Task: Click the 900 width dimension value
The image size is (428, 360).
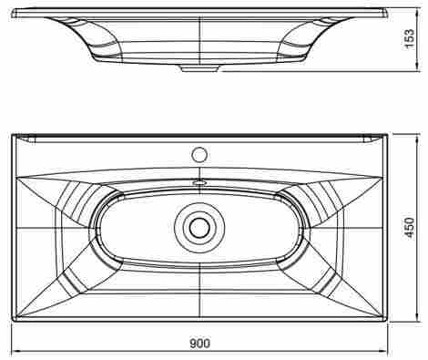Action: pyautogui.click(x=199, y=344)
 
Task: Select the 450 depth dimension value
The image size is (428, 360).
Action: pyautogui.click(x=410, y=228)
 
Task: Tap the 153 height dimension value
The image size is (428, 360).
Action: pyautogui.click(x=409, y=38)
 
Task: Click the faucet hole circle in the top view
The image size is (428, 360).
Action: pyautogui.click(x=199, y=154)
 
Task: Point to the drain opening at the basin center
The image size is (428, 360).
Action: pyautogui.click(x=199, y=228)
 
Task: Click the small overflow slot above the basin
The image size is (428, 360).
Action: pyautogui.click(x=199, y=183)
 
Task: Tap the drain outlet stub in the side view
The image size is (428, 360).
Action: pyautogui.click(x=199, y=69)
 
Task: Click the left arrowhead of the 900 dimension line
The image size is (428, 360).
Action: pyautogui.click(x=16, y=352)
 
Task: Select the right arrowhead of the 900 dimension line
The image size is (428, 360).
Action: pyautogui.click(x=383, y=352)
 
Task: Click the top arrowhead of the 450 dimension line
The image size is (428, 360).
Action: pyautogui.click(x=418, y=138)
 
